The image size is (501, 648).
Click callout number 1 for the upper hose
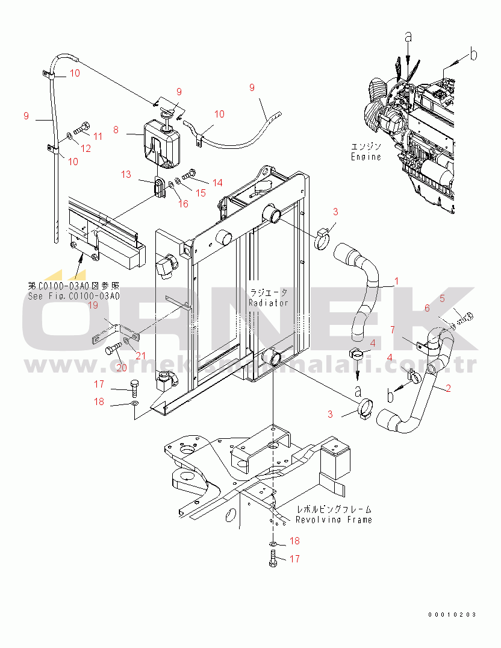click(x=396, y=281)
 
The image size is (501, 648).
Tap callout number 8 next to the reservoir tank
click(x=116, y=129)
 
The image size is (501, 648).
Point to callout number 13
click(x=125, y=175)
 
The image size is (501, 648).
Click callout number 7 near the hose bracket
click(x=393, y=329)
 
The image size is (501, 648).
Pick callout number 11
click(x=98, y=136)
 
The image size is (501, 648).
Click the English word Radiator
click(x=269, y=303)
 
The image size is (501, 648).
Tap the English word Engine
click(x=366, y=157)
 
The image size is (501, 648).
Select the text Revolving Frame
click(x=334, y=520)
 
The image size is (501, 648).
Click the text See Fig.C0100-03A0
click(x=73, y=296)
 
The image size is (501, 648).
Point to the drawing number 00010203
click(x=452, y=614)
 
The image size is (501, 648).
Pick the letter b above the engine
click(x=474, y=55)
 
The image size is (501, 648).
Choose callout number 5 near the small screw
click(x=441, y=298)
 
